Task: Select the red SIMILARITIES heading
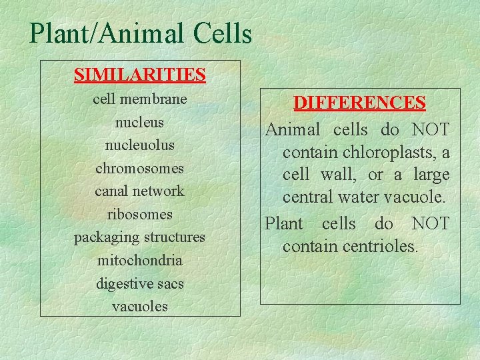pos(139,74)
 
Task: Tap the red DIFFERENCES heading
pos(359,103)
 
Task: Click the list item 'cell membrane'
pos(139,99)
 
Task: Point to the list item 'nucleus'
pos(139,123)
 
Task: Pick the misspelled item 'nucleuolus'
pos(139,145)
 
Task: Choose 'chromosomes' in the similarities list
pos(139,168)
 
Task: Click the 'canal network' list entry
pos(139,191)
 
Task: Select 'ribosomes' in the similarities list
pos(139,215)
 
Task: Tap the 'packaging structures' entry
pos(139,237)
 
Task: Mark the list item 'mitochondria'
pos(139,261)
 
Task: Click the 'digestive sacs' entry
pos(139,284)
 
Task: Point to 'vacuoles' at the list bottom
pos(139,307)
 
